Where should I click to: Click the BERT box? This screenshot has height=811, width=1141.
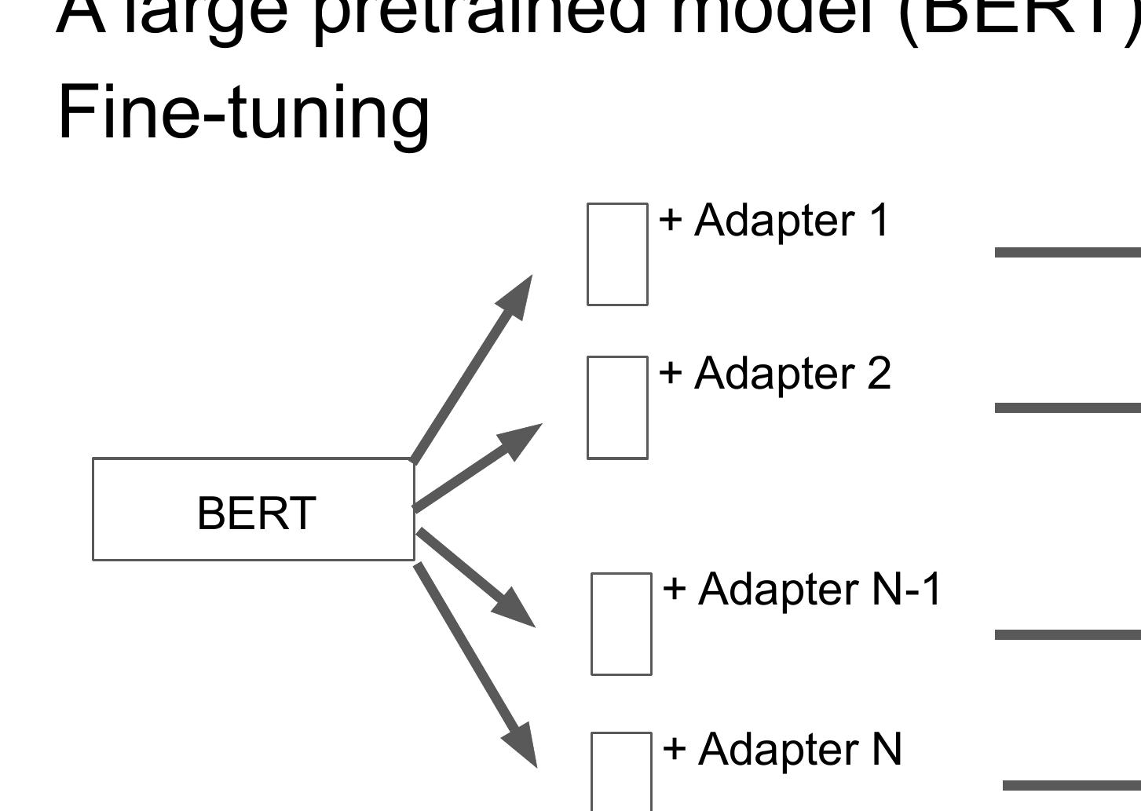coord(254,510)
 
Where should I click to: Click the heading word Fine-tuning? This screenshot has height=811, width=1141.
coord(243,114)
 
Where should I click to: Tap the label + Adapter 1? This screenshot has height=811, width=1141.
coord(773,221)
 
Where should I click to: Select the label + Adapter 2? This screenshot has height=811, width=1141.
coord(774,373)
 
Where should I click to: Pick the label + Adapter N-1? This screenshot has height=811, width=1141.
coord(802,589)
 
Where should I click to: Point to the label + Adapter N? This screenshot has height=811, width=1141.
coord(782,749)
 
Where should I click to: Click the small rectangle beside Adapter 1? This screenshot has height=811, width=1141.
coord(617,254)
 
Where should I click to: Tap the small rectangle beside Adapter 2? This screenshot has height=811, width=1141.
coord(617,407)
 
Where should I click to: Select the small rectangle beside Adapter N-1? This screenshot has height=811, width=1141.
coord(621,623)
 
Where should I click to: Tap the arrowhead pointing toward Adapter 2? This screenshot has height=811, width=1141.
coord(521,439)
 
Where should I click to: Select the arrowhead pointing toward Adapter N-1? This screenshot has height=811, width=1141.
coord(515,609)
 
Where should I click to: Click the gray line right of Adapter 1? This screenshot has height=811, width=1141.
coord(1067,252)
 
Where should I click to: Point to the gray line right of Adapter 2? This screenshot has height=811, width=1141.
coord(1067,407)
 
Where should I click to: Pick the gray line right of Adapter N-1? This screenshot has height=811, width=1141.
coord(1067,634)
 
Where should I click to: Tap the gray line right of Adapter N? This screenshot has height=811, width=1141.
coord(1071,785)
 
